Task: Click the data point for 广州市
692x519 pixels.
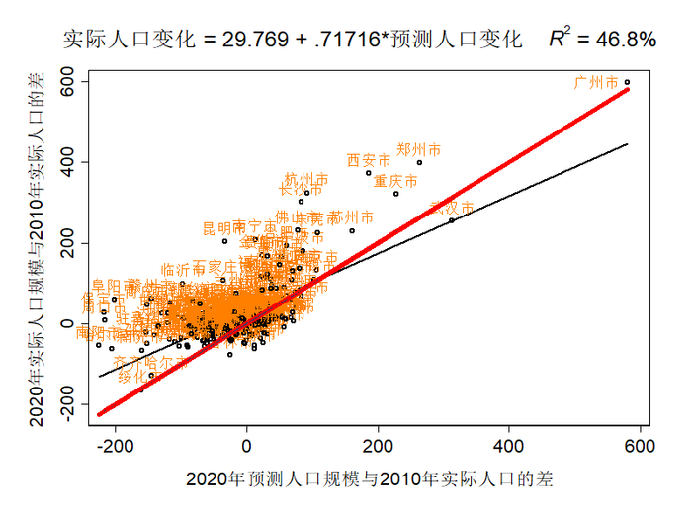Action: point(627,82)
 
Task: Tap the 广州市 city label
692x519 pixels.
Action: point(596,82)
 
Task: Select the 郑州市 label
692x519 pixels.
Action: point(418,150)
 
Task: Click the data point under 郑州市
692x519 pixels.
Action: point(419,162)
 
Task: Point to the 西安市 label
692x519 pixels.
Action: point(369,160)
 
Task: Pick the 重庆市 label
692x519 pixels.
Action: point(395,182)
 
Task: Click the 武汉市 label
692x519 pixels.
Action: point(452,208)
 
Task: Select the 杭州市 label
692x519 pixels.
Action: point(306,179)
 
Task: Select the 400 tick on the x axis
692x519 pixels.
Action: point(509,446)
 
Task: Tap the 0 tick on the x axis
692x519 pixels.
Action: point(247,446)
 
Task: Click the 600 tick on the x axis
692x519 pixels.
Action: point(640,446)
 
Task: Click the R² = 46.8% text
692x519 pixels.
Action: point(602,40)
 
